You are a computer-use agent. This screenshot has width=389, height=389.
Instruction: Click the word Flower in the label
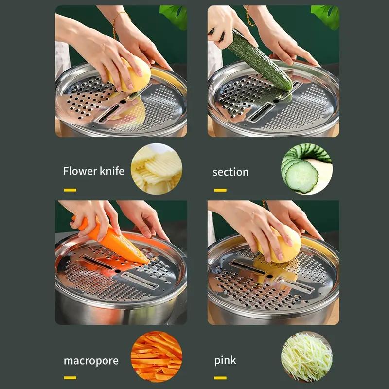tap(79, 171)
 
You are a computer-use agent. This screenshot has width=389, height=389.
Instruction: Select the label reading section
tap(230, 172)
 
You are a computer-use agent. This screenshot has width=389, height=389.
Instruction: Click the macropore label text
tap(91, 361)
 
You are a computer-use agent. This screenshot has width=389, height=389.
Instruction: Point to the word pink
tap(225, 361)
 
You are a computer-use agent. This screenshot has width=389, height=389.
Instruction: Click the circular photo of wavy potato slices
tap(157, 169)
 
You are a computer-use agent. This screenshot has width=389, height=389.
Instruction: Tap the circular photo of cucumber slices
tap(306, 169)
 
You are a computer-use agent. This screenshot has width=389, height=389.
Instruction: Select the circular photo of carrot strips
tap(157, 356)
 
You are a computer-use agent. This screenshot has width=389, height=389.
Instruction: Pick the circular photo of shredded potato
tap(306, 356)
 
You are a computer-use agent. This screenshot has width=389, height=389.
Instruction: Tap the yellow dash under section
tap(220, 190)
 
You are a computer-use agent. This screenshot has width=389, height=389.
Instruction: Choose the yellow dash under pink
tap(220, 377)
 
